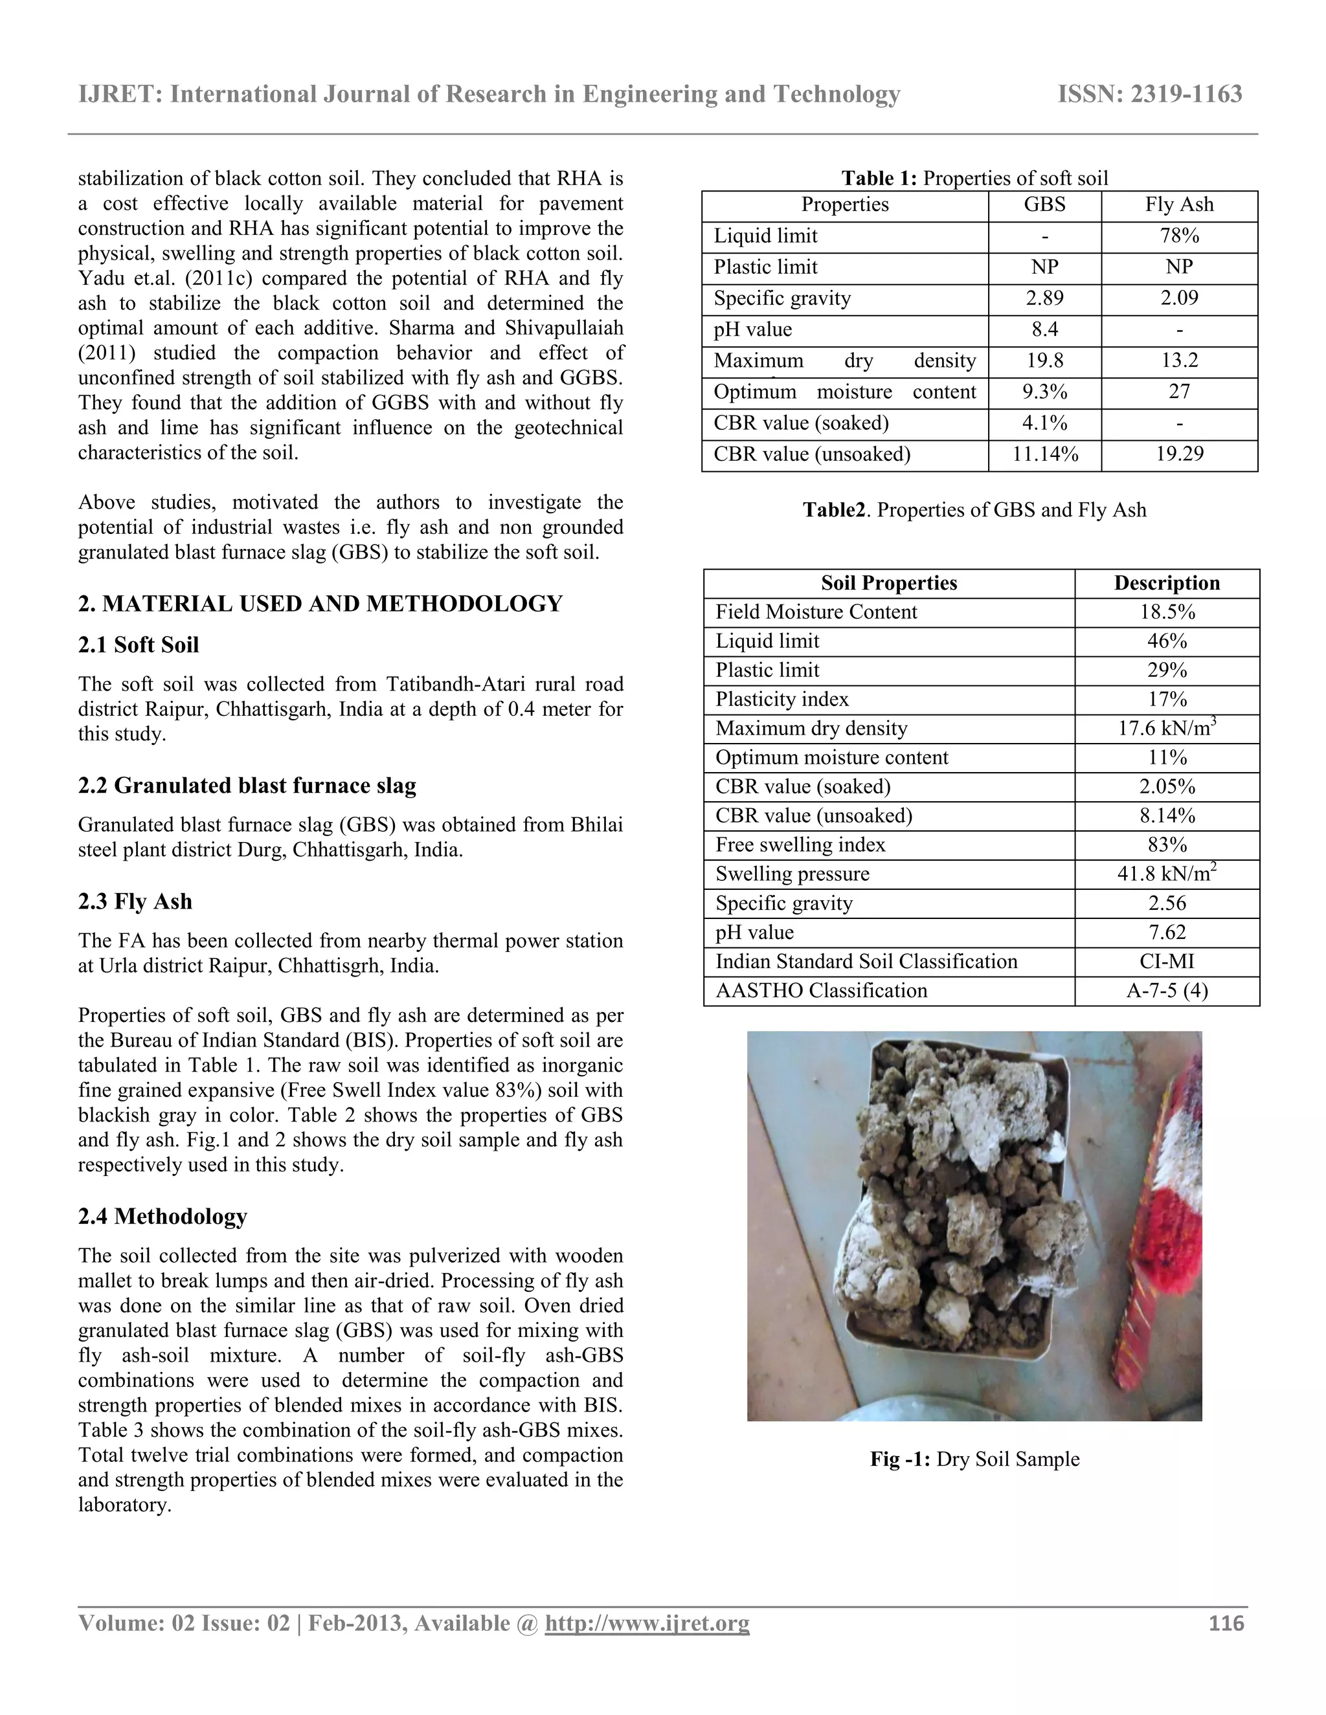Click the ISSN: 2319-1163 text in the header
coord(1149,94)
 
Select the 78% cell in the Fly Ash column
coord(1179,236)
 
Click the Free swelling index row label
coord(800,845)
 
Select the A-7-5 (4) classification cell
coord(1167,990)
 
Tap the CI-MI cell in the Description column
coord(1167,961)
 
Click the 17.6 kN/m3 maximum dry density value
coord(1167,728)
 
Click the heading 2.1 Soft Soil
coord(139,645)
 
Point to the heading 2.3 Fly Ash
coord(135,901)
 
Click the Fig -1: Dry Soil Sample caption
coord(974,1459)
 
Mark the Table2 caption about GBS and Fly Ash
coord(974,511)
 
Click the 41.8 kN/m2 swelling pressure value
coord(1167,873)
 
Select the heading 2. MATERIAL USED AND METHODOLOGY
coord(320,604)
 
